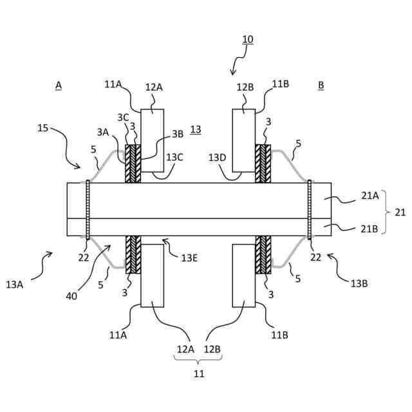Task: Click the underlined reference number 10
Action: (x=248, y=39)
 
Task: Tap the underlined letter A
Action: (x=59, y=86)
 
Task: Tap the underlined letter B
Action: (x=321, y=86)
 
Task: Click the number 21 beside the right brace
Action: (x=400, y=212)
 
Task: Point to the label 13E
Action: (x=189, y=257)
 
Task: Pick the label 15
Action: (x=43, y=128)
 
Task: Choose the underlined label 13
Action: (x=196, y=129)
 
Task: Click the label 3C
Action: (x=122, y=117)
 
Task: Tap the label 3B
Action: (x=178, y=135)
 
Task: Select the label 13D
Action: (x=218, y=156)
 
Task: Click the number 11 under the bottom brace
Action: (x=199, y=373)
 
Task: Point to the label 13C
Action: (x=175, y=156)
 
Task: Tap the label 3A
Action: (x=103, y=132)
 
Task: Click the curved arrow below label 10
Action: (x=238, y=62)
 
